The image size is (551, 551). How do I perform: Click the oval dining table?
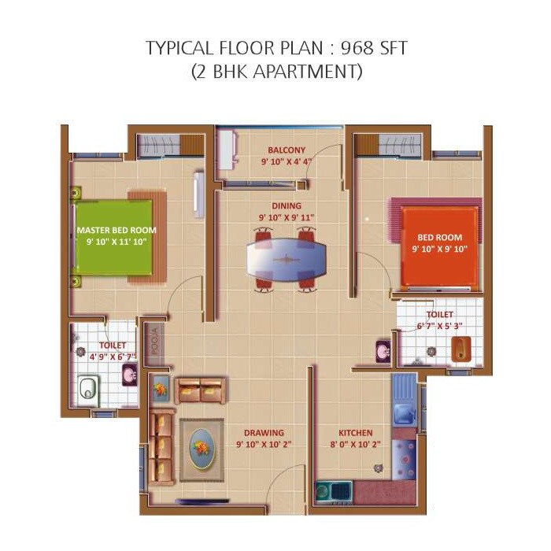click(x=286, y=258)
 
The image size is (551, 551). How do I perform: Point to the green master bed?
click(x=114, y=235)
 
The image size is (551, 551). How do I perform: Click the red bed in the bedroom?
click(x=439, y=246)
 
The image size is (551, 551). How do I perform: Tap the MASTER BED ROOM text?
click(x=116, y=230)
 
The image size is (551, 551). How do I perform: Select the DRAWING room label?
click(x=264, y=433)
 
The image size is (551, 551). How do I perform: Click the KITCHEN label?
click(x=356, y=433)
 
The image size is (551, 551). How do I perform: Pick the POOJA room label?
click(x=155, y=343)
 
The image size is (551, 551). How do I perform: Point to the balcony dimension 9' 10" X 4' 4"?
click(x=286, y=161)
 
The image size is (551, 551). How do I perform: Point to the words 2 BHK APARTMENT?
click(x=276, y=72)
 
